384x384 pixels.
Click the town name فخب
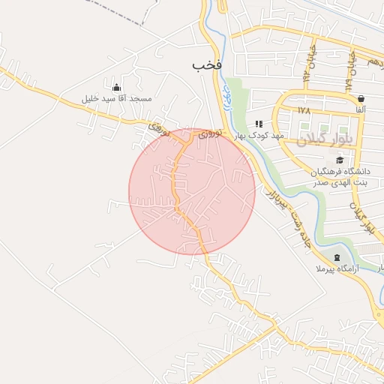208,66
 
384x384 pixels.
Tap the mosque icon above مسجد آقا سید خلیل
115,87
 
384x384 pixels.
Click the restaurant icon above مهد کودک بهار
259,124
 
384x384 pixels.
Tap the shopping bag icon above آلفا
361,98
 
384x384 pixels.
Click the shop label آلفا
361,110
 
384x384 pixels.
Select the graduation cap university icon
340,160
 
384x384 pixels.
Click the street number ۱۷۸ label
303,110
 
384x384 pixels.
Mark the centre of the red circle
192,191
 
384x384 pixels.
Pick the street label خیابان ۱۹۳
308,64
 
